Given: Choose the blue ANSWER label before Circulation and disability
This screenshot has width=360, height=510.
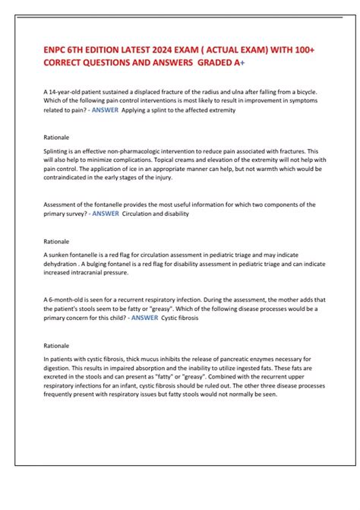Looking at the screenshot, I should point(106,214).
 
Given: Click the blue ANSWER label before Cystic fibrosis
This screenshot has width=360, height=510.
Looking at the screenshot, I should point(144,318).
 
